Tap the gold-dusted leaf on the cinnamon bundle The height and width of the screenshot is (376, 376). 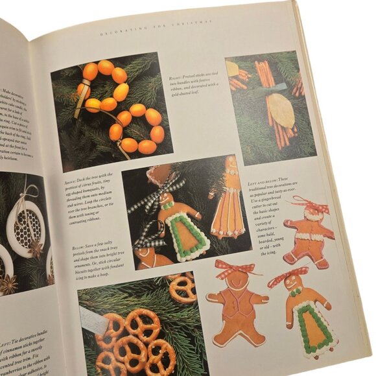point(282,111)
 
